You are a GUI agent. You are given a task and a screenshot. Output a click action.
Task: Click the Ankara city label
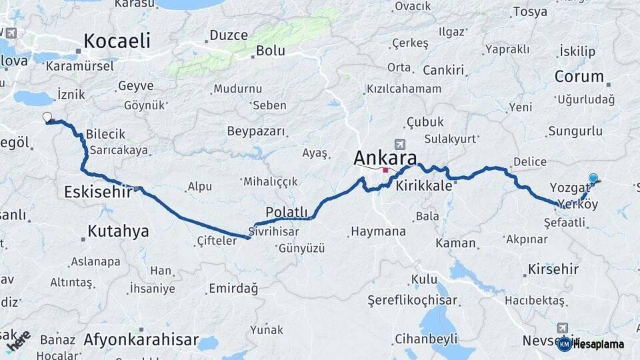pyautogui.click(x=385, y=158)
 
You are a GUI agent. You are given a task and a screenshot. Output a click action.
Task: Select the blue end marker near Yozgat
pyautogui.click(x=593, y=178)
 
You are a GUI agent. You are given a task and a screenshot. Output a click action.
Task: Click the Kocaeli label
pyautogui.click(x=117, y=41)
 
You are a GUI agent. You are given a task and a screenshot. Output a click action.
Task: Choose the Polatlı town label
pyautogui.click(x=287, y=212)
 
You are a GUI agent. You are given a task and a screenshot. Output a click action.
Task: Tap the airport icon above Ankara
pyautogui.click(x=399, y=144)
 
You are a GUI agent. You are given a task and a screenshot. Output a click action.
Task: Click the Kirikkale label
pyautogui.click(x=424, y=187)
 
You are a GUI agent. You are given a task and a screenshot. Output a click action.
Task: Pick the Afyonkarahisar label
pyautogui.click(x=141, y=340)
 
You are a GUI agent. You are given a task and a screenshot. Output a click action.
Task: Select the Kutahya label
pyautogui.click(x=119, y=231)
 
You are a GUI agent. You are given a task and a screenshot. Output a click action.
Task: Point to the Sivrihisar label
pyautogui.click(x=273, y=231)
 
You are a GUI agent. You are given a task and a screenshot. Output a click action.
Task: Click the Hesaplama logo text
pyautogui.click(x=599, y=344)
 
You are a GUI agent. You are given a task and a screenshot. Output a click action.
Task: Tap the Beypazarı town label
pyautogui.click(x=255, y=131)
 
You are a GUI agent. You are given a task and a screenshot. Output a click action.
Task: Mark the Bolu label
pyautogui.click(x=271, y=51)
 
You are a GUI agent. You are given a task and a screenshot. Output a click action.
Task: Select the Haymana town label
pyautogui.click(x=377, y=231)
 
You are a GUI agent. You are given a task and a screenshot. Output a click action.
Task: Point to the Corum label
pyautogui.click(x=579, y=77)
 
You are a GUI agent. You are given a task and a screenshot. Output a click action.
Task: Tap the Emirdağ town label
pyautogui.click(x=233, y=288)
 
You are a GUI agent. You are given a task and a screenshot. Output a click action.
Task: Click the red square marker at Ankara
pyautogui.click(x=385, y=171)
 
